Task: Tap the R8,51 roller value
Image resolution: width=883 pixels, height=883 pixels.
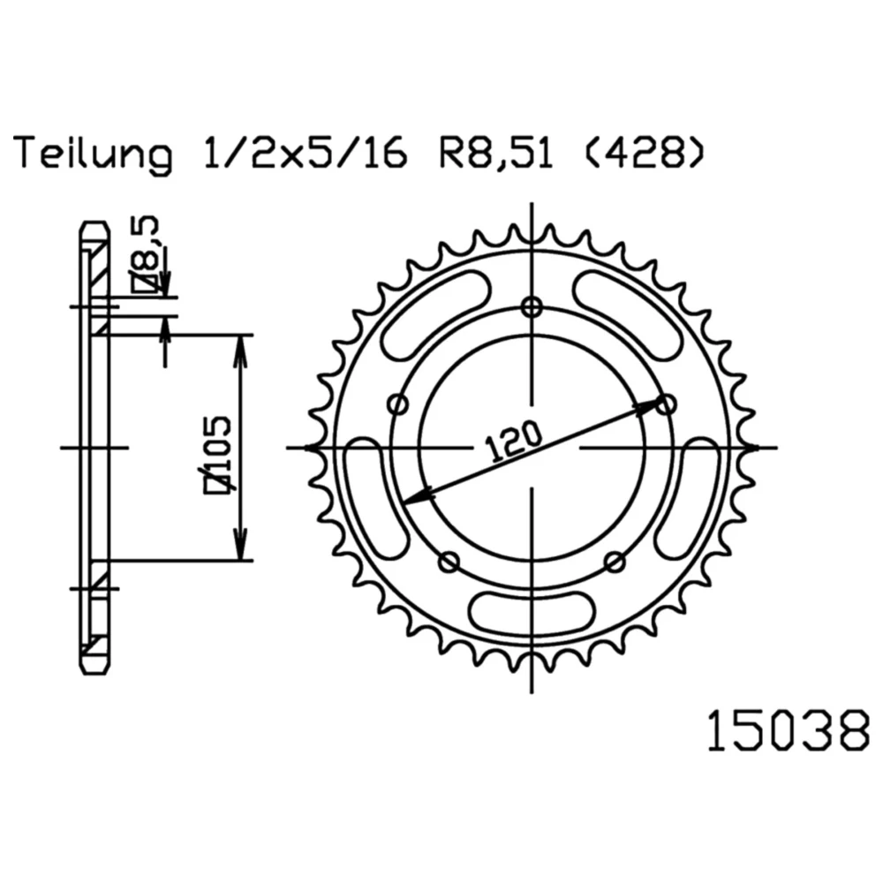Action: tap(496, 152)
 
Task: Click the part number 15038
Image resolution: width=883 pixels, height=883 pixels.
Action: tap(789, 730)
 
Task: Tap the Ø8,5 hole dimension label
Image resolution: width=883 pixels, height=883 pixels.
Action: tap(146, 254)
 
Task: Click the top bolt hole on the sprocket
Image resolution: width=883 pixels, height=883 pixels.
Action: tap(531, 307)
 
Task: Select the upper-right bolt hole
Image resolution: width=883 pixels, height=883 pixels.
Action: tap(667, 404)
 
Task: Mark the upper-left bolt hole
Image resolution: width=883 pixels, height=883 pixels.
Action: tap(399, 404)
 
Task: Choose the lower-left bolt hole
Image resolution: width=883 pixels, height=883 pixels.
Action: tap(449, 562)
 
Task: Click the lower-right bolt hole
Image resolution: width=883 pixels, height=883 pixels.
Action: tap(615, 562)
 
